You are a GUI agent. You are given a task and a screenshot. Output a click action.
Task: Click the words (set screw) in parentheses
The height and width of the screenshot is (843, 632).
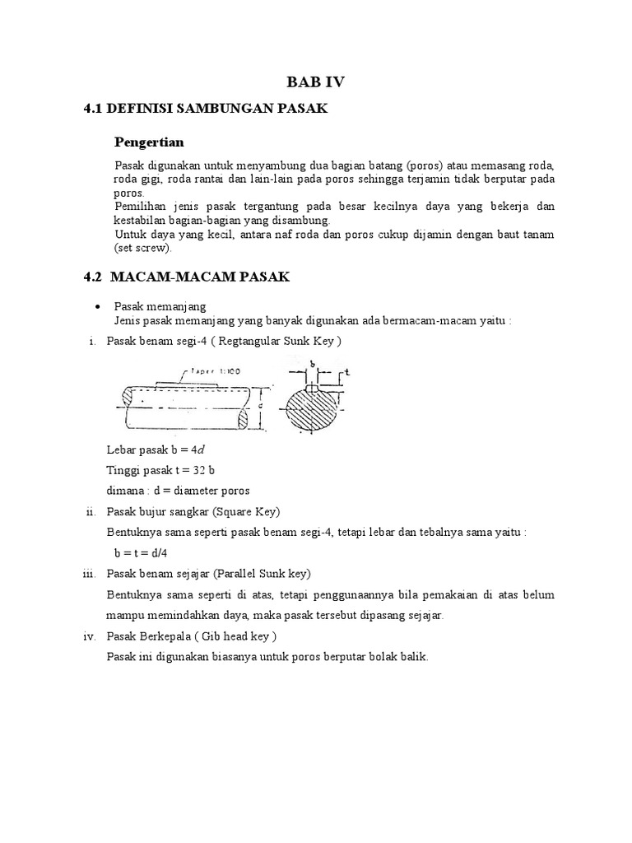coord(142,247)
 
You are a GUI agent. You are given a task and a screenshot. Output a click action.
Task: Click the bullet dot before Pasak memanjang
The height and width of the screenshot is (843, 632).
coord(99,305)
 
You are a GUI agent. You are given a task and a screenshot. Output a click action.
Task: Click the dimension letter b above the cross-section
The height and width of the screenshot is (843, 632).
coord(312,363)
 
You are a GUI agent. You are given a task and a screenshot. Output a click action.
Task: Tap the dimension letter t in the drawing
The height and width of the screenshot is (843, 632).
coord(347,372)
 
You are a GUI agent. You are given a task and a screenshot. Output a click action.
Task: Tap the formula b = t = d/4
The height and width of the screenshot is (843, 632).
coord(147,553)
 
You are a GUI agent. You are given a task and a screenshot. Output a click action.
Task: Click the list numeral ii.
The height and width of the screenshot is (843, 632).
coord(92,511)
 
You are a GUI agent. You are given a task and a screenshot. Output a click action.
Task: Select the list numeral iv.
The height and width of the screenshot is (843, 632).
coord(91,636)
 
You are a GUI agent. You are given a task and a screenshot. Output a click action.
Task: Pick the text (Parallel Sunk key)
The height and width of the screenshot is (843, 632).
coord(267,574)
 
